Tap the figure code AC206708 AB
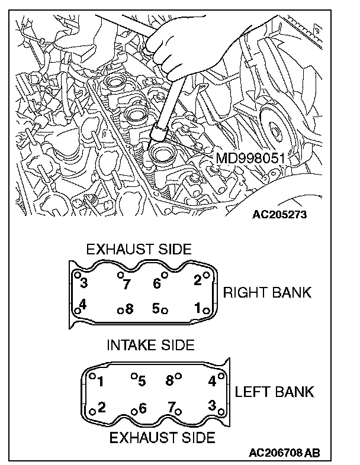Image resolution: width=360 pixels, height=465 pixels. pyautogui.click(x=284, y=454)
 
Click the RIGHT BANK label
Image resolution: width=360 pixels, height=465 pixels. pyautogui.click(x=266, y=293)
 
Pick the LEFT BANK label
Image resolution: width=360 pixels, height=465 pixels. pyautogui.click(x=274, y=392)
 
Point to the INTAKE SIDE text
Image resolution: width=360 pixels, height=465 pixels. pyautogui.click(x=150, y=345)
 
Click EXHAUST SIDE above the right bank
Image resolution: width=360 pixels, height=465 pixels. pyautogui.click(x=139, y=250)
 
